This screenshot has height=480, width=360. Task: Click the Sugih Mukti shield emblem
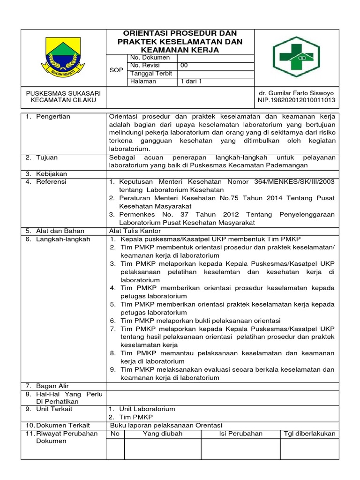tap(64, 58)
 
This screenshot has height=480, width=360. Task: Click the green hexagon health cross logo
tap(299, 57)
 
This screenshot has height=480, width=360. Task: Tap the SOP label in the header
tap(116, 70)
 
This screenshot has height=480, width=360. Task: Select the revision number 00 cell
tap(184, 66)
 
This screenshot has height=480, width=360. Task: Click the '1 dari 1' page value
tap(191, 82)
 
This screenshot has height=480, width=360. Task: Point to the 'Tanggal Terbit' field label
tap(151, 74)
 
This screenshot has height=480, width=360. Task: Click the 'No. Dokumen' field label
tap(150, 58)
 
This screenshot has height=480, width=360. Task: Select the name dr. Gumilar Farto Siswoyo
tap(296, 93)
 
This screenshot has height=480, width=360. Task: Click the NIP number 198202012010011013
tap(296, 101)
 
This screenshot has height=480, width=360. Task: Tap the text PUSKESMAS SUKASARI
tap(64, 93)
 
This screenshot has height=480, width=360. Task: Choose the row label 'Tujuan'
tap(47, 158)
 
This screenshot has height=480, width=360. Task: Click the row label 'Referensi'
tap(51, 181)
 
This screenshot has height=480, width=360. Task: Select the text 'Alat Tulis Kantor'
tap(135, 231)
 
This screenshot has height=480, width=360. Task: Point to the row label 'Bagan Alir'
tap(52, 386)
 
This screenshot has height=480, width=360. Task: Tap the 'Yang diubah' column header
tap(162, 434)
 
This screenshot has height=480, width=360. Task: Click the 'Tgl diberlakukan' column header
tap(310, 434)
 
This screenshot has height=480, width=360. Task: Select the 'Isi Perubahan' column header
tap(240, 434)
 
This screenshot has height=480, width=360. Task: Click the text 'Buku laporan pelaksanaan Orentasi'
tap(165, 425)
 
